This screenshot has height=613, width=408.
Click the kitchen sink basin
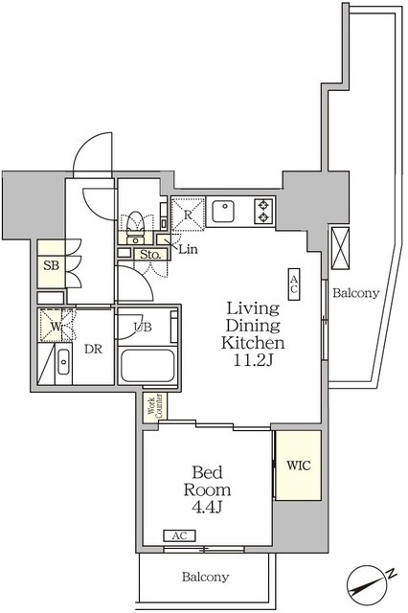(223, 211)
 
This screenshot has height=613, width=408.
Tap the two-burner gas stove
(263, 211)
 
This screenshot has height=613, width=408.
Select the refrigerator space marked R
(188, 214)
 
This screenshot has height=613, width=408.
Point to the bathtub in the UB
(147, 366)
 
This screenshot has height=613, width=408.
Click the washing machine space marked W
(56, 326)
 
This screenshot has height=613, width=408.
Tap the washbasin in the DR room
(63, 362)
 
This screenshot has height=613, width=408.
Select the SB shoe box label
(51, 266)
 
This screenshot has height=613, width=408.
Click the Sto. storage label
(150, 255)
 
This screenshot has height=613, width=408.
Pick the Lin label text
(189, 249)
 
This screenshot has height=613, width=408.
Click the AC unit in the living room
(294, 284)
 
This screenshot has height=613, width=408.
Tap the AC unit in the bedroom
(179, 535)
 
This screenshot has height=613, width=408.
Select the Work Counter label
(155, 408)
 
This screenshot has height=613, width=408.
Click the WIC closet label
(299, 465)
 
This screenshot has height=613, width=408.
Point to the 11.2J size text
(253, 360)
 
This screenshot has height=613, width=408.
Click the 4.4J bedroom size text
(207, 507)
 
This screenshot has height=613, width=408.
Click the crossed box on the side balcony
(340, 248)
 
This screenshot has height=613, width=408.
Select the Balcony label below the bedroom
(205, 577)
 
